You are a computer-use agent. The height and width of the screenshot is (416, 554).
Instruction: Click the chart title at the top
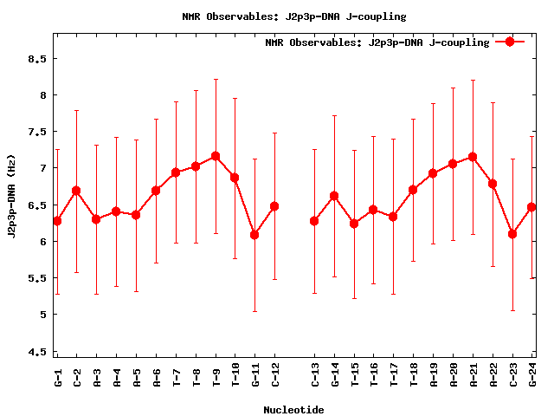[293, 16]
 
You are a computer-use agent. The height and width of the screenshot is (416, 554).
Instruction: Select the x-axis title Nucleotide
[293, 410]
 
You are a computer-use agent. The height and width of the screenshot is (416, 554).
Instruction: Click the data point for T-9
[216, 156]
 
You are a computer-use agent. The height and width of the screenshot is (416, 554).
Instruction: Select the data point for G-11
[254, 234]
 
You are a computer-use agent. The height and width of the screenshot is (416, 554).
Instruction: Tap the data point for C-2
[76, 190]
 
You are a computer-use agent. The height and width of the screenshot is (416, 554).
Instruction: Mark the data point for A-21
[473, 157]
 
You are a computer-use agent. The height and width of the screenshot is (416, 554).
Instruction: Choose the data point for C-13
[314, 221]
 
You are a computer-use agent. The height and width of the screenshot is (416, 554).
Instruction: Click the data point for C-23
[512, 233]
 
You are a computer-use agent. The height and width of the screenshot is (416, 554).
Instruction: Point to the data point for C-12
[274, 206]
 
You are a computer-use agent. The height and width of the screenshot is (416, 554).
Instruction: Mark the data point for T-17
[393, 217]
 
